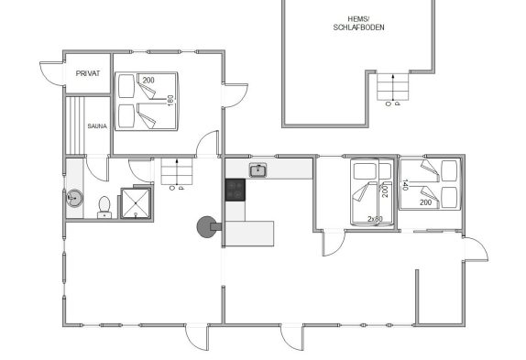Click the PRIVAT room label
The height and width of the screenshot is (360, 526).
pos(88,73)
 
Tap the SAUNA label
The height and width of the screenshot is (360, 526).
pos(97,126)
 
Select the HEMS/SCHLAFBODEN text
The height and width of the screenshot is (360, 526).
pos(358,24)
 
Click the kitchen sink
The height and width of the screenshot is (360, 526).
pos(258,170)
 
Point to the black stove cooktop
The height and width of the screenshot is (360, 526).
pos(236,190)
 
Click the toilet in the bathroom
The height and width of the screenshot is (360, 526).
pos(104,208)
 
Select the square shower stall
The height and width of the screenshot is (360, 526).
pos(136,203)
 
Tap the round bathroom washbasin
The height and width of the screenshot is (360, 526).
pos(74,199)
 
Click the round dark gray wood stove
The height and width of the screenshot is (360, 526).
pos(207,227)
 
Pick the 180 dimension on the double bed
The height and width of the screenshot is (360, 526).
pos(170,101)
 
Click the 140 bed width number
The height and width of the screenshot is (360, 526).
pos(405,185)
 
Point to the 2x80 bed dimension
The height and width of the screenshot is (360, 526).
pos(375,219)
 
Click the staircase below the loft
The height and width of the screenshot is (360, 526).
pos(393,86)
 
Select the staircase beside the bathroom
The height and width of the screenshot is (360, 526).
pos(177,171)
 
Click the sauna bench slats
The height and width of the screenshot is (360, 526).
pos(75,125)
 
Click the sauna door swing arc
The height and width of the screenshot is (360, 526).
pos(97,169)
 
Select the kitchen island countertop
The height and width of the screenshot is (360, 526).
pos(249,234)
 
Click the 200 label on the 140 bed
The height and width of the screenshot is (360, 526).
pos(426,202)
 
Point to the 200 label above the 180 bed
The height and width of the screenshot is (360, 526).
pos(148,80)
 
